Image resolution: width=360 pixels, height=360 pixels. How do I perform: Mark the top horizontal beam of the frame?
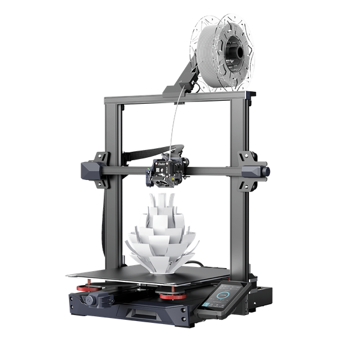pyautogui.click(x=180, y=98)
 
